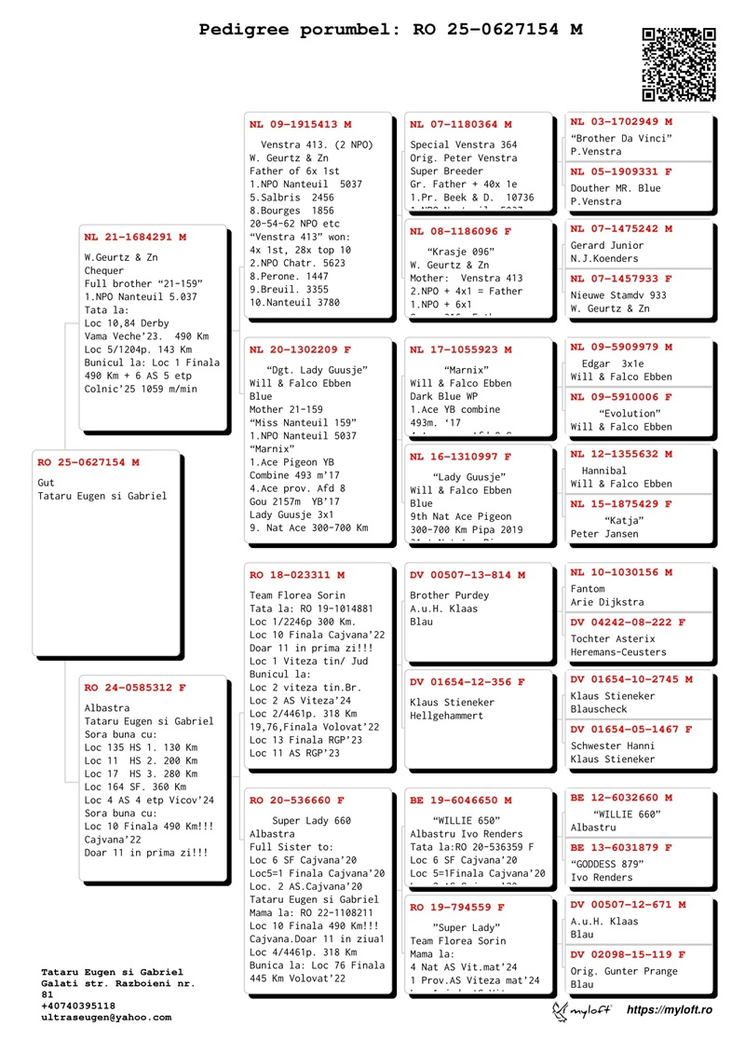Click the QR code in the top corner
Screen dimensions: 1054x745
coord(679,63)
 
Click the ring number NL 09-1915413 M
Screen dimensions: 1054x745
coord(300,124)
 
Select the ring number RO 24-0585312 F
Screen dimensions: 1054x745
coord(135,688)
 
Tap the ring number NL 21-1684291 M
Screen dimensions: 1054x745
coord(135,237)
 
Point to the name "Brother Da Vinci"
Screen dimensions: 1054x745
coord(621,139)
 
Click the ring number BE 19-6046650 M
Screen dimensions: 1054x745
coord(461,800)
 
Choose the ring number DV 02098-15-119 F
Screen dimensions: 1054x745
coord(628,954)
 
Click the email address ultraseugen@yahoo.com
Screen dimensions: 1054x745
coord(106,1018)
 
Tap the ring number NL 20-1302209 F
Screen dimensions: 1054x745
coord(300,349)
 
